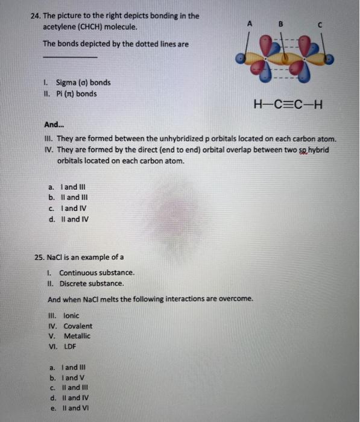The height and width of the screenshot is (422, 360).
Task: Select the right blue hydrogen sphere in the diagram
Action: click(330, 61)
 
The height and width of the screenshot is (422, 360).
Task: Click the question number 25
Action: click(40, 257)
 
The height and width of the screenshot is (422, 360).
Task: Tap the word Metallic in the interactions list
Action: click(77, 336)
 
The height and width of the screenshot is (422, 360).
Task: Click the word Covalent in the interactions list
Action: click(78, 326)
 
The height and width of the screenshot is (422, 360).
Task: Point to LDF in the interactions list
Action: click(71, 347)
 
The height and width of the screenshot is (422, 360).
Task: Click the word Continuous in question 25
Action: click(78, 272)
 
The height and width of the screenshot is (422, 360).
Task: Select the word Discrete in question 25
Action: click(74, 283)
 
